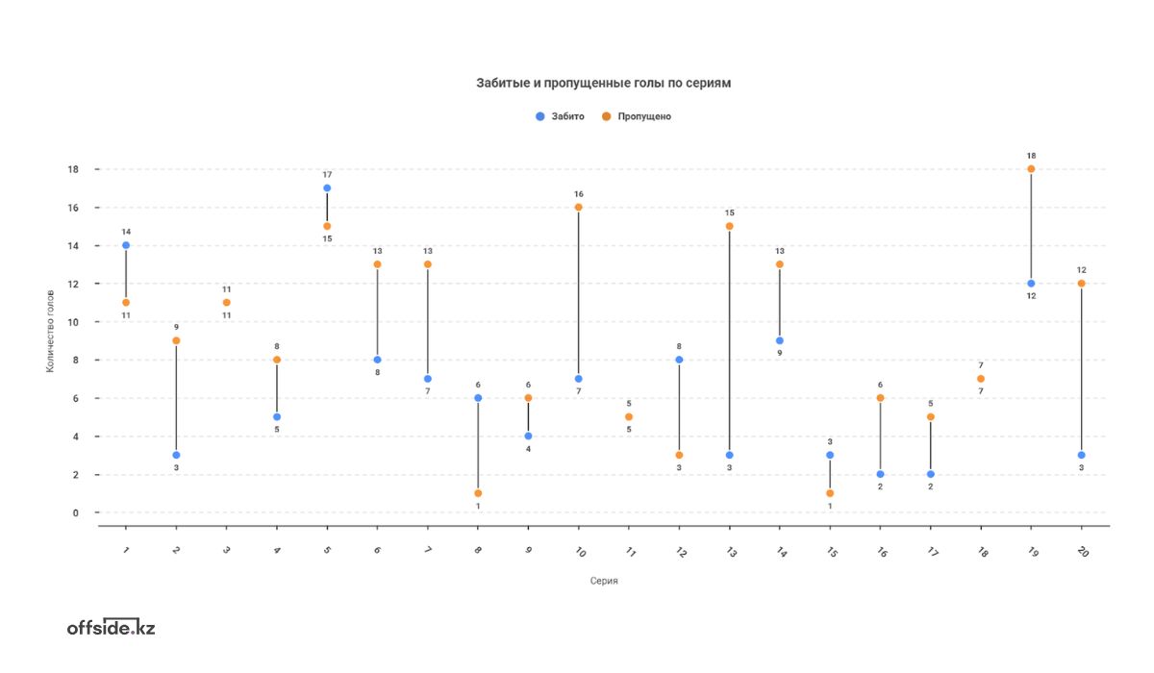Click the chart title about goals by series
(604, 84)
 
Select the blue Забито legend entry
(560, 116)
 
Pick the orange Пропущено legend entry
(636, 116)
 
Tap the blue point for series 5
(327, 188)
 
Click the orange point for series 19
(1031, 169)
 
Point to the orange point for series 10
(578, 207)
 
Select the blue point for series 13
(729, 455)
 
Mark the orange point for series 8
(478, 493)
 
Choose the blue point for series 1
(126, 245)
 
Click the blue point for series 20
(1081, 455)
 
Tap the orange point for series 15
(830, 493)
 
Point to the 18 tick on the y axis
(72, 169)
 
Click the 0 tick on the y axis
(75, 512)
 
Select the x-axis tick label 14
(780, 553)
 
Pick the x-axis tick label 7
(428, 552)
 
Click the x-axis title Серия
(604, 581)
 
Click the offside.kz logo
(111, 628)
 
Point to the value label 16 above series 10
(578, 194)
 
